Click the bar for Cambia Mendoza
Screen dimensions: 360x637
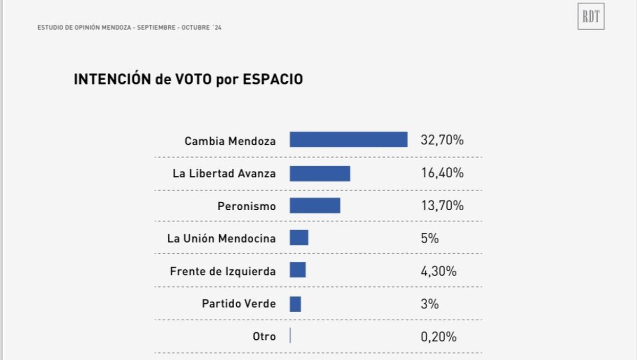coord(348,140)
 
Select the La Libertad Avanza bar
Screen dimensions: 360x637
coord(320,173)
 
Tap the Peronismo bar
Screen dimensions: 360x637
coord(315,205)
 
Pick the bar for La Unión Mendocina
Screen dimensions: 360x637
coord(299,238)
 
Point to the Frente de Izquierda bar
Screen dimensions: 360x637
coord(298,270)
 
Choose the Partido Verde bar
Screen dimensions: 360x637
coord(295,304)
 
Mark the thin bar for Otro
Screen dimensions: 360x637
coord(290,336)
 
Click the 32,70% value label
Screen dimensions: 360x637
coord(442,141)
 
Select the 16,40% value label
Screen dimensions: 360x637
coord(442,173)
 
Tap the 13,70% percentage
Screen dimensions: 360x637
coord(442,206)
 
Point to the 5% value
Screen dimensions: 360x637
coord(429,238)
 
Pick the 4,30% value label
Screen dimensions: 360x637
coord(438,271)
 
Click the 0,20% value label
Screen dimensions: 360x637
coord(438,337)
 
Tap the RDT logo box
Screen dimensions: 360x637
coord(591,16)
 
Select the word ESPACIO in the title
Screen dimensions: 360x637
coord(273,80)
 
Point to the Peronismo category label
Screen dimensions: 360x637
coord(247,207)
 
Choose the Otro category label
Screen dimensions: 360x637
coord(264,337)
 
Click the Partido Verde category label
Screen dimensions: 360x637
coord(239,304)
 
